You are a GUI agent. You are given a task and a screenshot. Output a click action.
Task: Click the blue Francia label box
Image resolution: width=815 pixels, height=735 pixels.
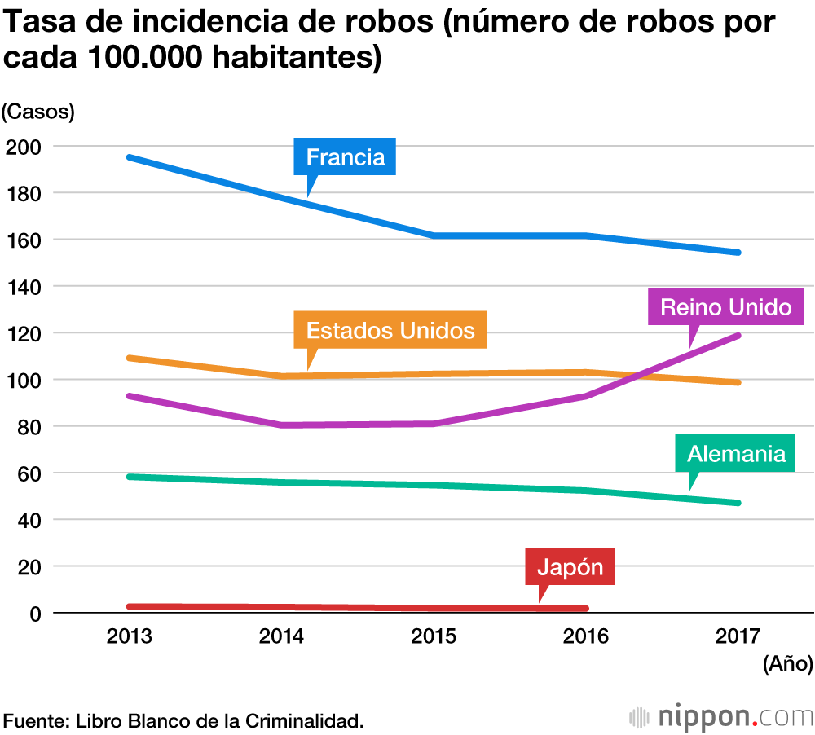[345, 156]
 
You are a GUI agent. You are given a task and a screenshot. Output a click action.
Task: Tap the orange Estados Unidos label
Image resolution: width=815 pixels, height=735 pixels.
[390, 330]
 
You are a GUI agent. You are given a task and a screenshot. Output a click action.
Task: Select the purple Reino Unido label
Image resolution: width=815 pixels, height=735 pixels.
[725, 306]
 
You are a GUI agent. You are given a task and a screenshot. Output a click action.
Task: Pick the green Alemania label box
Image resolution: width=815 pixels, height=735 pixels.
[736, 453]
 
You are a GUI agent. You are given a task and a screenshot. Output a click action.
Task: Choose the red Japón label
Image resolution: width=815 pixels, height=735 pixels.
[570, 567]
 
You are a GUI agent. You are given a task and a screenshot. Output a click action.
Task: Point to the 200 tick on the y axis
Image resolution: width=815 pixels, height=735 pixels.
[24, 147]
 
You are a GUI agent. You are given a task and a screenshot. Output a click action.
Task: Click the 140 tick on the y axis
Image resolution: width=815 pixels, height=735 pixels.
[24, 287]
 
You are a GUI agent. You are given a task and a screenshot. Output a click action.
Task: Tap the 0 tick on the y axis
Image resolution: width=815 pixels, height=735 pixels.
[37, 614]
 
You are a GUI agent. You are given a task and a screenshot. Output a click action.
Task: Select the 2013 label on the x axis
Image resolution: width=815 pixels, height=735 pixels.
[130, 636]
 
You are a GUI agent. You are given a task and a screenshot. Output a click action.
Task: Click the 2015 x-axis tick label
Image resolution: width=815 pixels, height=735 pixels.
[434, 636]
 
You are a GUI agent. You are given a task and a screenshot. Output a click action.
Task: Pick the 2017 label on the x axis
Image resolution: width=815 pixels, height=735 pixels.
[737, 636]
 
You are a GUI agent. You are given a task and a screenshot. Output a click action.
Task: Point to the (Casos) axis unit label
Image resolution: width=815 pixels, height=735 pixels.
[37, 111]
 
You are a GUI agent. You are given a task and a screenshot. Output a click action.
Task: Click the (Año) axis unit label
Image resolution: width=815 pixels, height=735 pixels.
[787, 664]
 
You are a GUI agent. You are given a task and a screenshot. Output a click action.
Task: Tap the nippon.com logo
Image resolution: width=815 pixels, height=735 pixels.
[721, 717]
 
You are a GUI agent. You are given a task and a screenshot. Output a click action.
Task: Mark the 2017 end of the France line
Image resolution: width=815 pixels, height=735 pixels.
[737, 253]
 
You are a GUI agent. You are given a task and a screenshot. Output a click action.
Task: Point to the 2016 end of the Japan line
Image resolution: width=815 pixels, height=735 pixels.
[584, 609]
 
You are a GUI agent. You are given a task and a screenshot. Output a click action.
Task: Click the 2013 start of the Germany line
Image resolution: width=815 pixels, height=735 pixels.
[130, 477]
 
